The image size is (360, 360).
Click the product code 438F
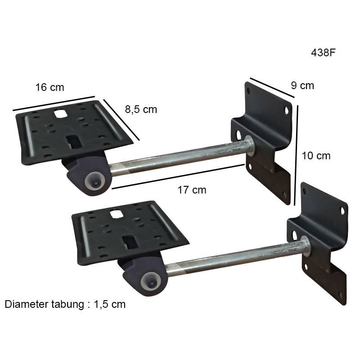(x=323, y=53)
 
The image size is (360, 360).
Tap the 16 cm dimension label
(x=49, y=87)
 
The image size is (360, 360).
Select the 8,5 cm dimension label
(x=141, y=109)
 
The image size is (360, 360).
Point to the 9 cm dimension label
(x=302, y=85)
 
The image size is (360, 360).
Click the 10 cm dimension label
(x=316, y=156)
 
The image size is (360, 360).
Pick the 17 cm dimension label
(x=192, y=190)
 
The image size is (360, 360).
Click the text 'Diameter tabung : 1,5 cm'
(x=65, y=304)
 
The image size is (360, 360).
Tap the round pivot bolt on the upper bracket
(x=95, y=183)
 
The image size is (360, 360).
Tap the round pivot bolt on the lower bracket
(x=151, y=283)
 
